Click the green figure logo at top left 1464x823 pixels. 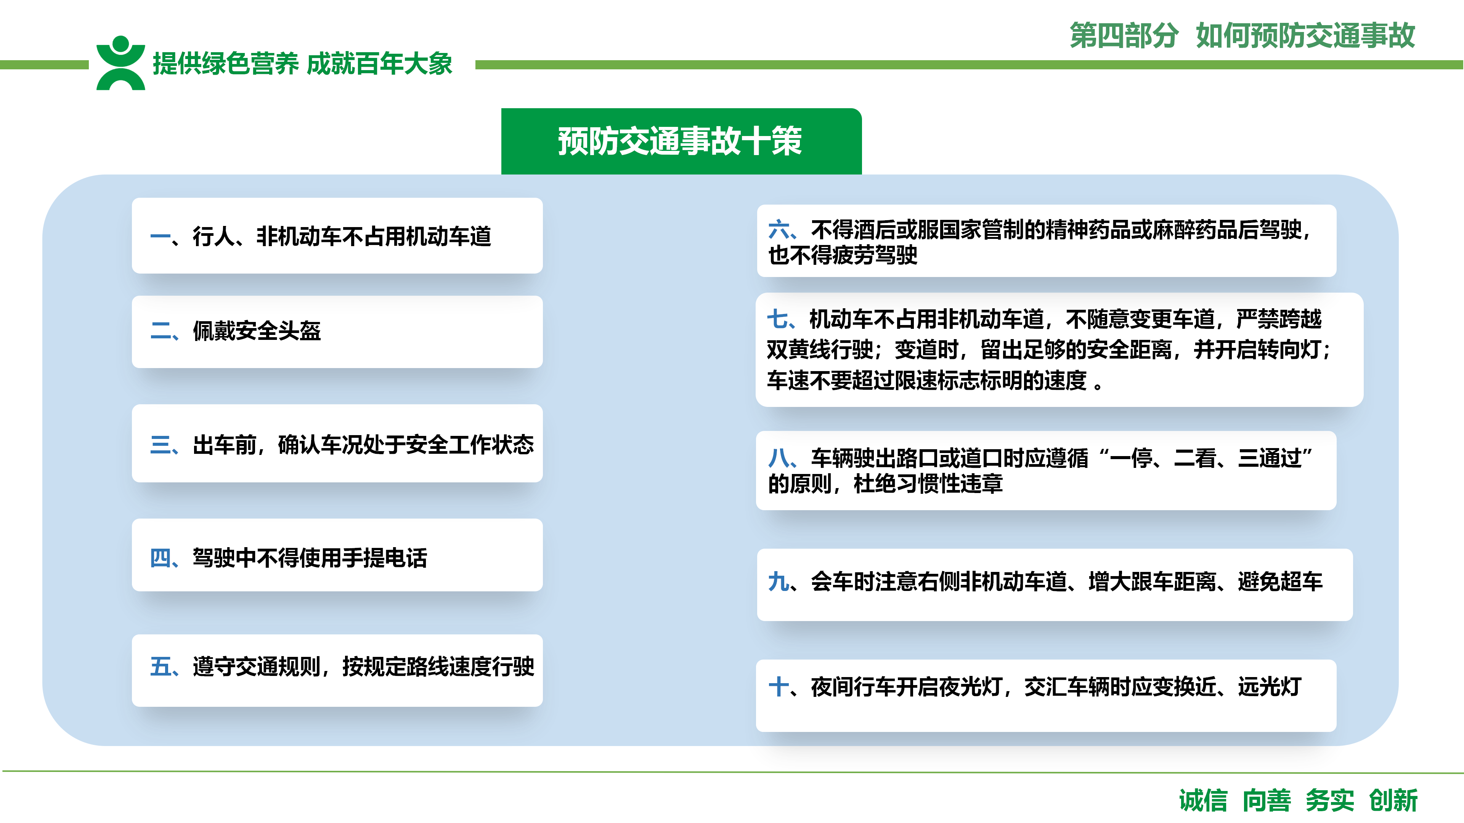point(120,63)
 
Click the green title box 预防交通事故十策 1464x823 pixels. point(681,141)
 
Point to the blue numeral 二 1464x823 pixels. point(161,331)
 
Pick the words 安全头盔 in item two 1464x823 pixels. point(278,331)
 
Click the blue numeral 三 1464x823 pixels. point(161,445)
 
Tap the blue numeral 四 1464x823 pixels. point(161,558)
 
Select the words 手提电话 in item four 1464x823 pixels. point(385,558)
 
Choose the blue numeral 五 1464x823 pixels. point(161,666)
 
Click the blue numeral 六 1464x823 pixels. point(779,230)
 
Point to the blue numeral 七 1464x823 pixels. point(777,319)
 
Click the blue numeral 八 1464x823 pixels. point(779,458)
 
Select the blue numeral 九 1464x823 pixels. point(779,581)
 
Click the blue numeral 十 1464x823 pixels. point(779,687)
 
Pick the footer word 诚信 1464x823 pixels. point(1203,800)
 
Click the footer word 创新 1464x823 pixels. point(1393,800)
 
